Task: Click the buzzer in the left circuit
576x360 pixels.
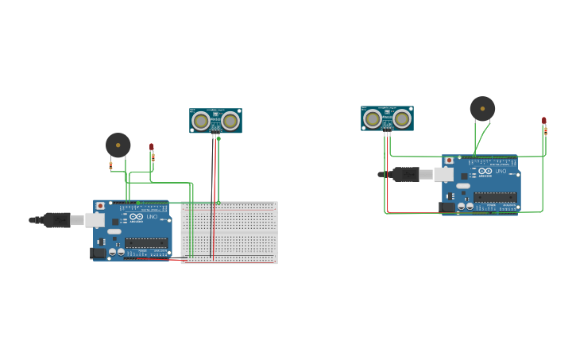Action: [118, 145]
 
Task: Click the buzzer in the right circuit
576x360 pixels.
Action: [482, 108]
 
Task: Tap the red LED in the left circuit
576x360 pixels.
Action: [151, 146]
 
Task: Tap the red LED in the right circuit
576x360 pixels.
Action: [544, 120]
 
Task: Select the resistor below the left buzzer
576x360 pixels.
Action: [110, 165]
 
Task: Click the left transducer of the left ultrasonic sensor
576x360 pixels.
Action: [202, 121]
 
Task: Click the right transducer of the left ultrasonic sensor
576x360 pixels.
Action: [230, 121]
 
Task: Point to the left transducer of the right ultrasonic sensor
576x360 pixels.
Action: [373, 119]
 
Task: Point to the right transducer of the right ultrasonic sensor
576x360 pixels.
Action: [402, 119]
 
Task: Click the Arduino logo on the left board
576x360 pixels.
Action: [136, 217]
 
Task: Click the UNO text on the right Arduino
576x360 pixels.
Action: [501, 172]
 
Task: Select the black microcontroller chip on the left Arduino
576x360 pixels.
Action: [146, 242]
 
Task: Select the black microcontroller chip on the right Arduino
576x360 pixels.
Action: [495, 197]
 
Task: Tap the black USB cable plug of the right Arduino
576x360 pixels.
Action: [405, 174]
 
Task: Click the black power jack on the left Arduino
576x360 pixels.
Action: [99, 253]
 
